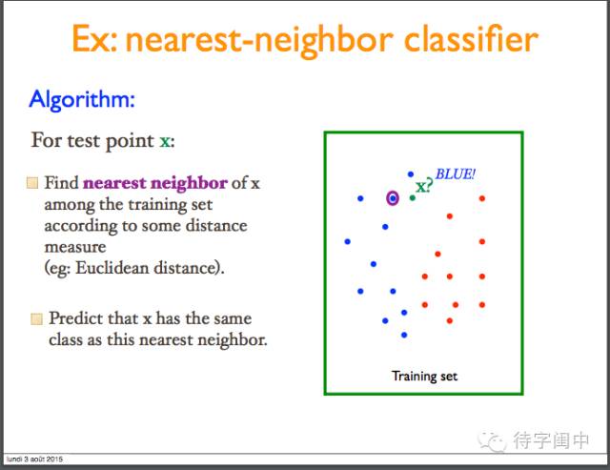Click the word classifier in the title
click(x=471, y=39)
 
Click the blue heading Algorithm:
click(x=82, y=99)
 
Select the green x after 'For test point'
click(x=165, y=142)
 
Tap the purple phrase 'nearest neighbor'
click(x=155, y=183)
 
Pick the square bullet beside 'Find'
click(x=32, y=183)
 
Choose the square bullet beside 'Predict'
click(x=36, y=319)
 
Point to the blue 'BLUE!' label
click(x=456, y=174)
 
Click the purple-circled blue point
click(x=393, y=198)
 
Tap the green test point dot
click(x=413, y=198)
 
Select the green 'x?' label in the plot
click(x=424, y=186)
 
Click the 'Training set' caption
click(x=424, y=377)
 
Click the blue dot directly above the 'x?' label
click(x=411, y=174)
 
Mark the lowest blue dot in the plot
click(x=404, y=335)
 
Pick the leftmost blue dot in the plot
click(x=347, y=241)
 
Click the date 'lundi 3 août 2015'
click(x=34, y=460)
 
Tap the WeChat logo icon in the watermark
click(x=493, y=441)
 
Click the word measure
click(x=75, y=248)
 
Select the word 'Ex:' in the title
click(x=94, y=39)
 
